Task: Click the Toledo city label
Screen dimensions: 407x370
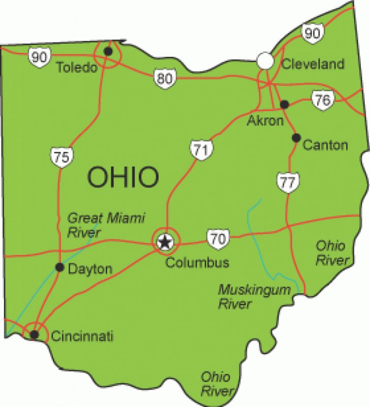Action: [x=77, y=68]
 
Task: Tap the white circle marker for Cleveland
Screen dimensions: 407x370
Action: [x=265, y=60]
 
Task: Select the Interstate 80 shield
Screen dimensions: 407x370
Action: [x=164, y=79]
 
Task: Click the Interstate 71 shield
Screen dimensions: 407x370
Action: [x=199, y=149]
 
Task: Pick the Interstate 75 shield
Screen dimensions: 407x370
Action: [x=60, y=156]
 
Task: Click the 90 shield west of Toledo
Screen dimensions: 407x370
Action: [x=39, y=57]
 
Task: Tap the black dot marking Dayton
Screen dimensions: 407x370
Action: [x=59, y=267]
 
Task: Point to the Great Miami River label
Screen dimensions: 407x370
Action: [x=106, y=225]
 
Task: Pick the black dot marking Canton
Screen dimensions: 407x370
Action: [x=296, y=138]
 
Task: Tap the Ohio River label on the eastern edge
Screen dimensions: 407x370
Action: [x=331, y=253]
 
